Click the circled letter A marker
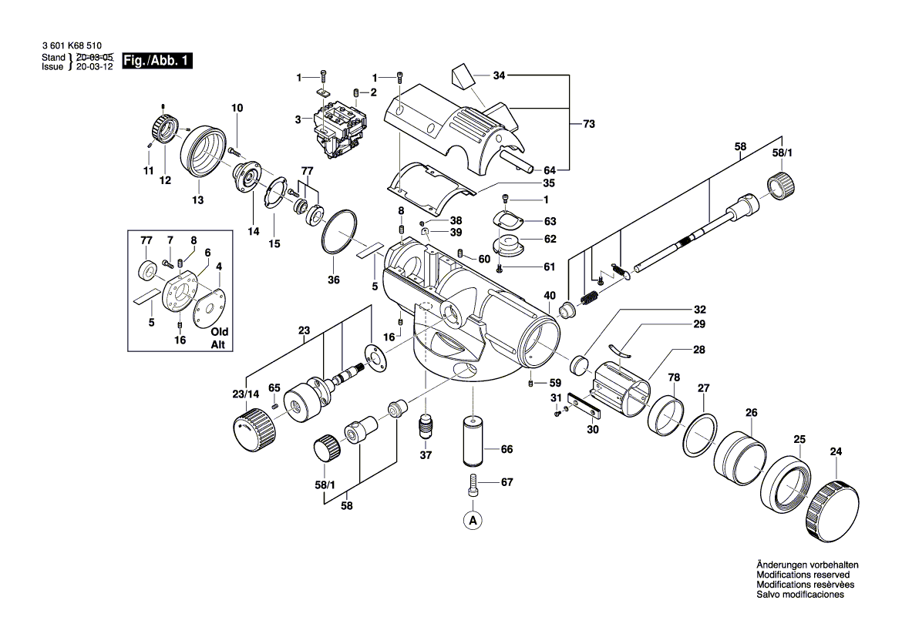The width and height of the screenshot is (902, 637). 473,521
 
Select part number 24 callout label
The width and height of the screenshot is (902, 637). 836,451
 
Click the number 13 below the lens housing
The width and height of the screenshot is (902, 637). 198,200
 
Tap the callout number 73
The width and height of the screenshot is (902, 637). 589,123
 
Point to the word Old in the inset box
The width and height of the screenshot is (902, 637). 220,331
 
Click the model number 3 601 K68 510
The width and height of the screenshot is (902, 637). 72,47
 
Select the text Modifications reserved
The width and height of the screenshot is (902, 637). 803,575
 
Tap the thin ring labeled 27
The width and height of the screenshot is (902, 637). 700,436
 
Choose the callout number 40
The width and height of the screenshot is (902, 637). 550,295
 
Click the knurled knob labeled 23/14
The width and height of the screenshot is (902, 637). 254,428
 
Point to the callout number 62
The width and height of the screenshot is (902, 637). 550,239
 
